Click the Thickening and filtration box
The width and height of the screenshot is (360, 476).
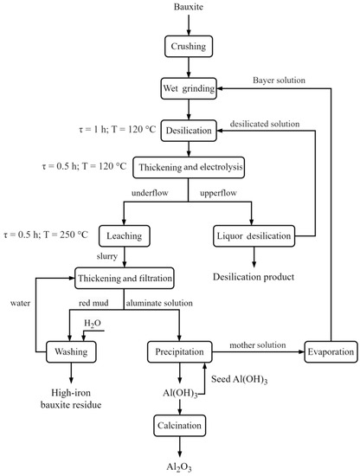125,278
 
